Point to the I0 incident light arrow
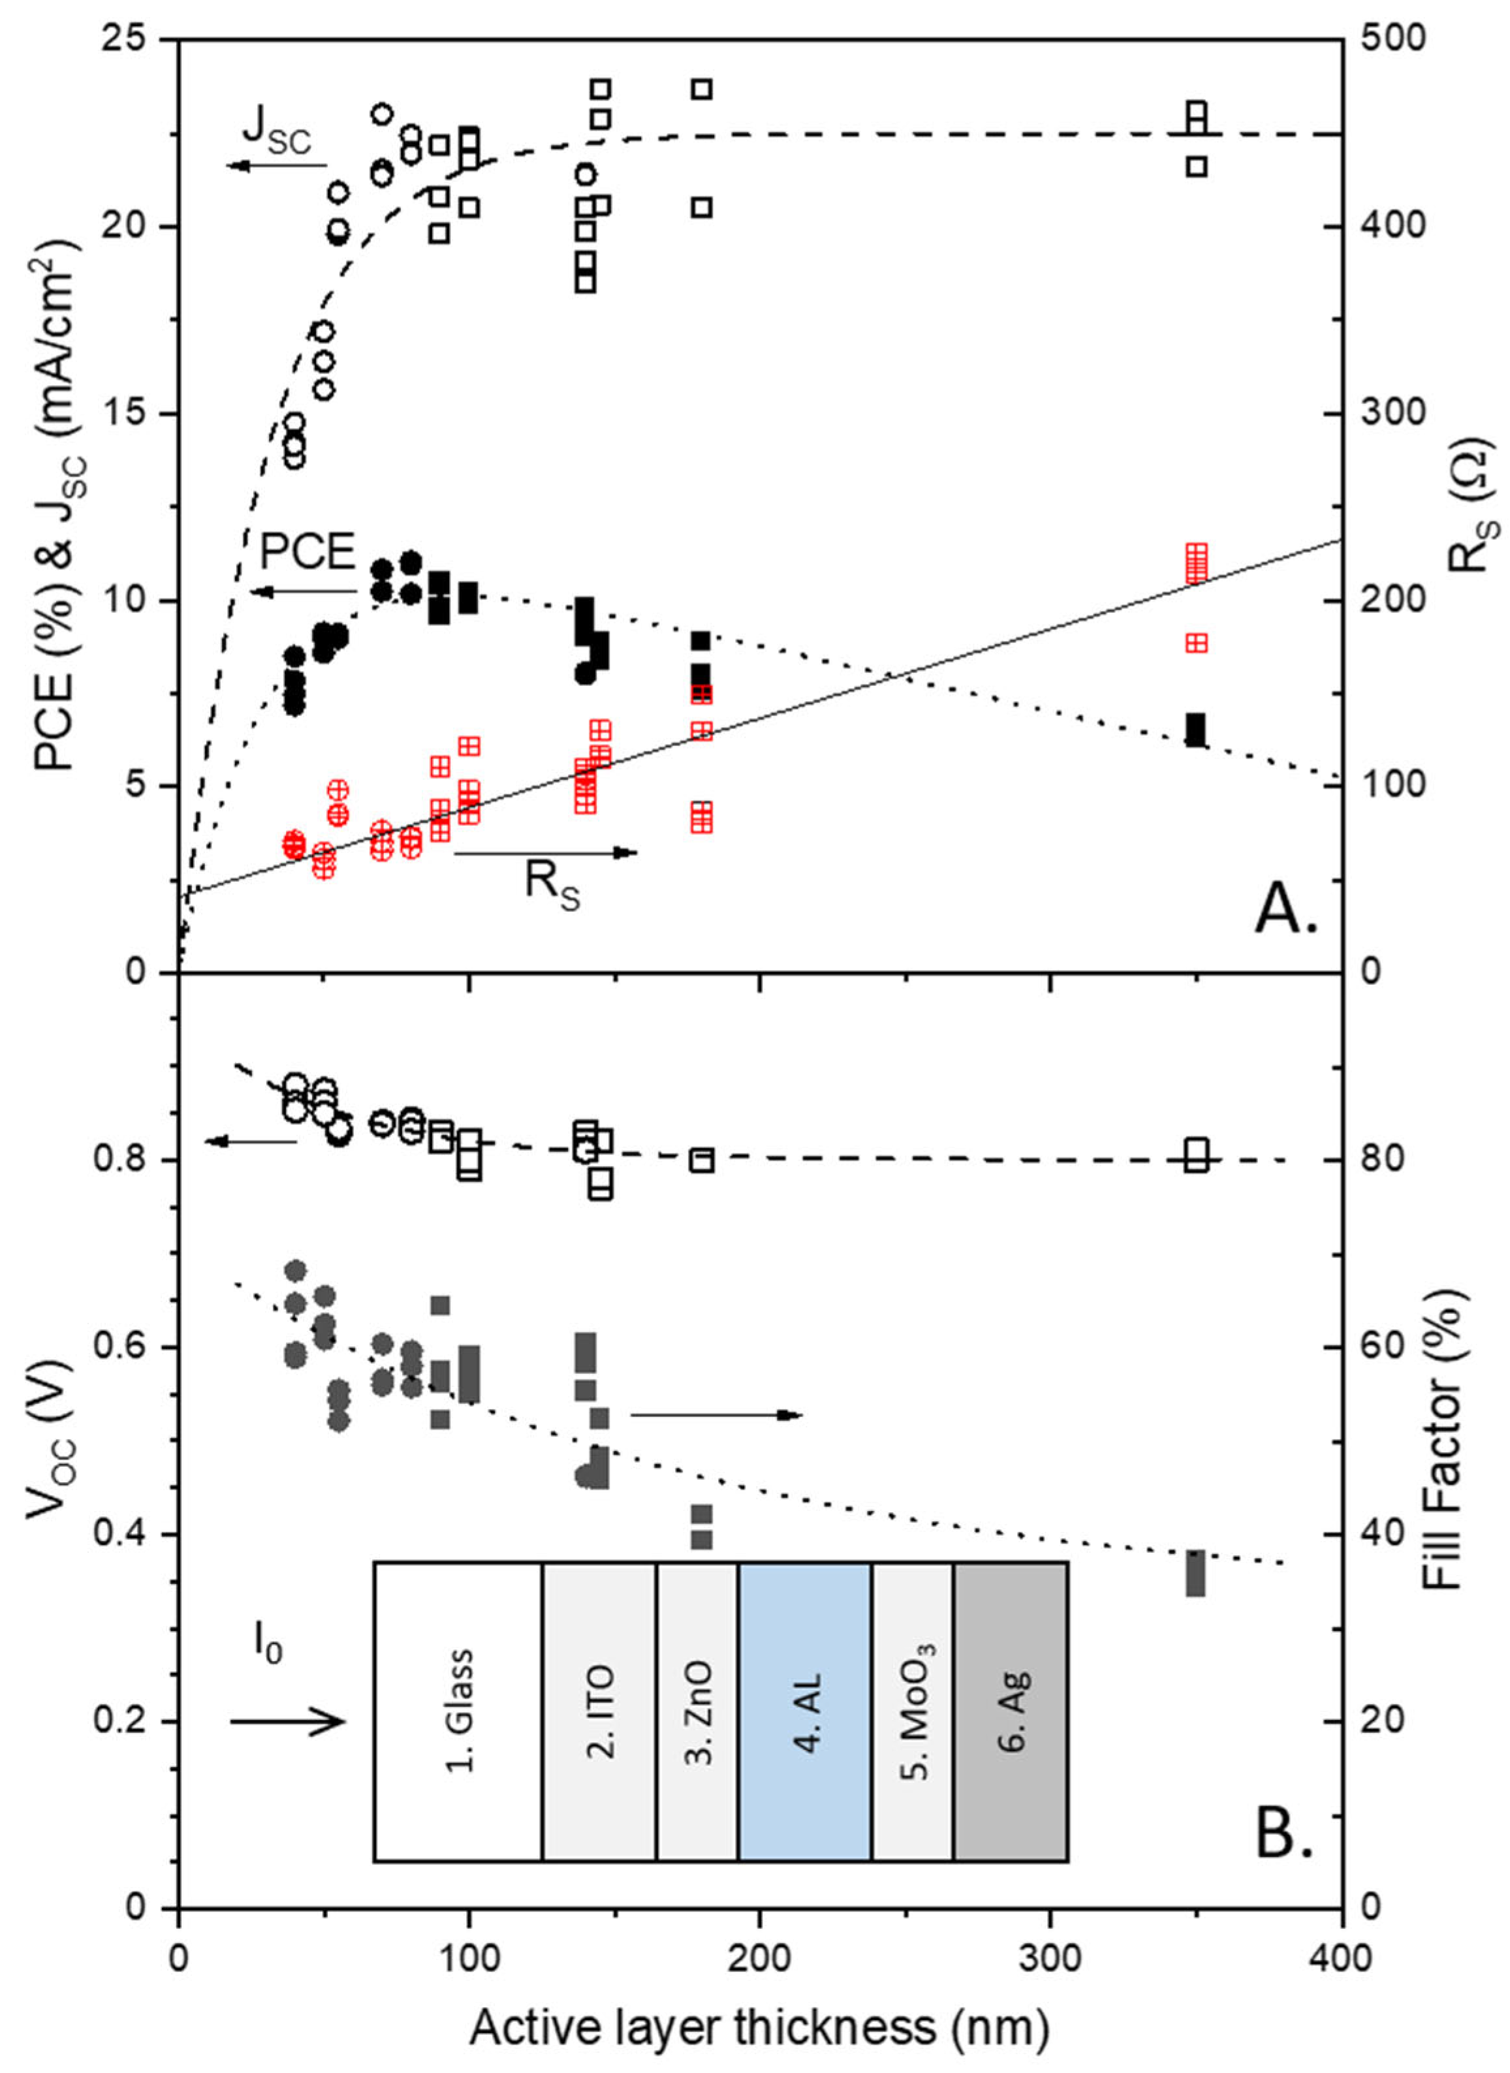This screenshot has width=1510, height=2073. pyautogui.click(x=287, y=1722)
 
